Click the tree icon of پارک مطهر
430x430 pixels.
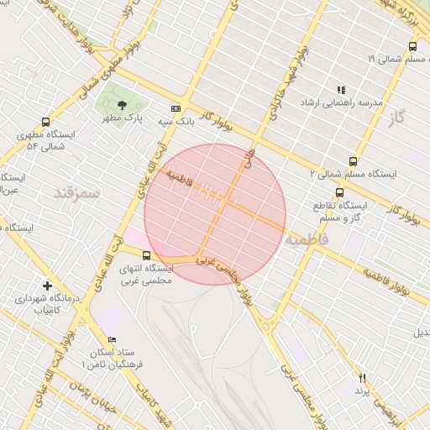coord(123,105)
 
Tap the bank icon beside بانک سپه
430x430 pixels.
coord(176,108)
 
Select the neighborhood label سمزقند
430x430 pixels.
coord(77,193)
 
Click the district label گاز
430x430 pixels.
coord(397,118)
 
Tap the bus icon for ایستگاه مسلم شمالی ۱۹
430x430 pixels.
coord(412,45)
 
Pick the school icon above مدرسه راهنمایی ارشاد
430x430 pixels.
coord(341,89)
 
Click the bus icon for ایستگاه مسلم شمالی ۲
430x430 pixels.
coord(353,161)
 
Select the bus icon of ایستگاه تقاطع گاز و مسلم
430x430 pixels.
coord(339,192)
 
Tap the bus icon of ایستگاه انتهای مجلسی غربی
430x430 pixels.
coord(147,255)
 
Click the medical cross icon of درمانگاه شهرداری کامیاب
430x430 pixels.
coord(47,286)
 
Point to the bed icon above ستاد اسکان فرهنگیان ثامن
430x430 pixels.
coord(112,340)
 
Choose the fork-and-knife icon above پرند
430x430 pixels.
coord(363,378)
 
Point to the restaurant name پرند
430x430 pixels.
coord(362,391)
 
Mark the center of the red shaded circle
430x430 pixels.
coord(215,214)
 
